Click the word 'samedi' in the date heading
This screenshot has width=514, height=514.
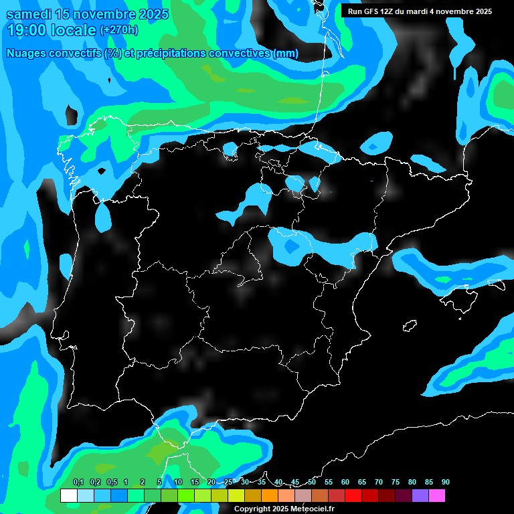27,13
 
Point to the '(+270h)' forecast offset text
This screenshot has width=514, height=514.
119,30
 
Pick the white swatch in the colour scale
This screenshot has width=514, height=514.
68,495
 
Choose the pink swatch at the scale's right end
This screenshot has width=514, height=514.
437,495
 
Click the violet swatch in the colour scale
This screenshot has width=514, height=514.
420,495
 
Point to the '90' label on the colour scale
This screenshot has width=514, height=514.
446,482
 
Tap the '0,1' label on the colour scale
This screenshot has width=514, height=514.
78,482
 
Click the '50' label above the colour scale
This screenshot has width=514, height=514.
312,482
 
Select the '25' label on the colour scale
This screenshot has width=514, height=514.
228,482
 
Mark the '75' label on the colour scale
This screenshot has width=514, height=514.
396,482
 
